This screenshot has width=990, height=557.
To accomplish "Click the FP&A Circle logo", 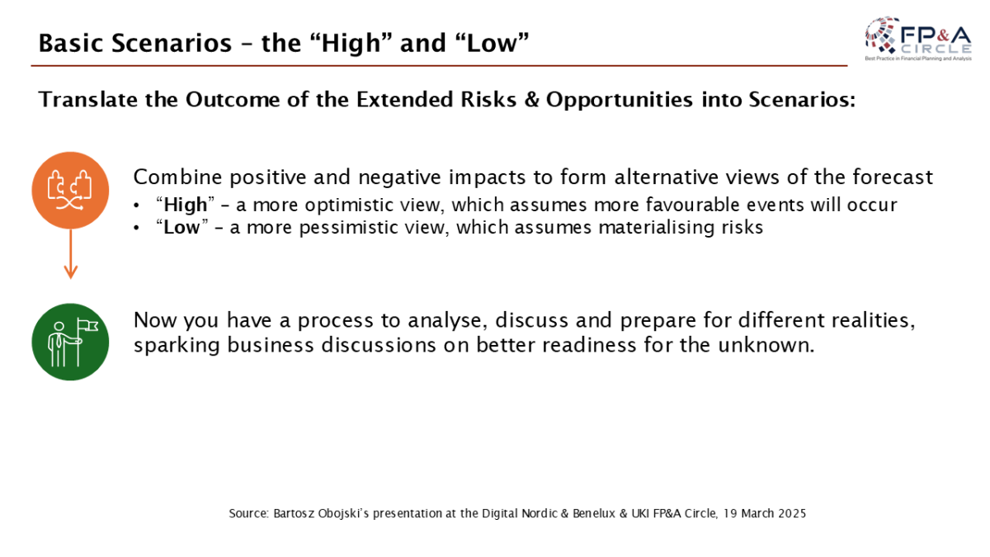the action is click(x=918, y=39).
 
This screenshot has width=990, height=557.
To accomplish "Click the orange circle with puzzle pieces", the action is click(x=70, y=191).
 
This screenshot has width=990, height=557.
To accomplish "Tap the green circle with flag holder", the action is click(x=70, y=342).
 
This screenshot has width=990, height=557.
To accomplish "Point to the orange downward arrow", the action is click(x=71, y=254).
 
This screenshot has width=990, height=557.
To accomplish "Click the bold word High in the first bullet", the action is click(x=185, y=205).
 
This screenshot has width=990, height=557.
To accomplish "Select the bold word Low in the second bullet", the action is click(x=181, y=228).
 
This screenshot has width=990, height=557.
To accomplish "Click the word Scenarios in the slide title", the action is click(x=172, y=43).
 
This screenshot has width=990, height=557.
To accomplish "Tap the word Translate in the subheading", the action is click(x=88, y=99).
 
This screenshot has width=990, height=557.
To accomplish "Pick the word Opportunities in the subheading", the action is click(x=620, y=101).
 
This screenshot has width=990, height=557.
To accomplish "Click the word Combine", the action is click(x=177, y=177).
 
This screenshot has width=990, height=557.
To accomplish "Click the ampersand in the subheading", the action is click(x=531, y=100).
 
